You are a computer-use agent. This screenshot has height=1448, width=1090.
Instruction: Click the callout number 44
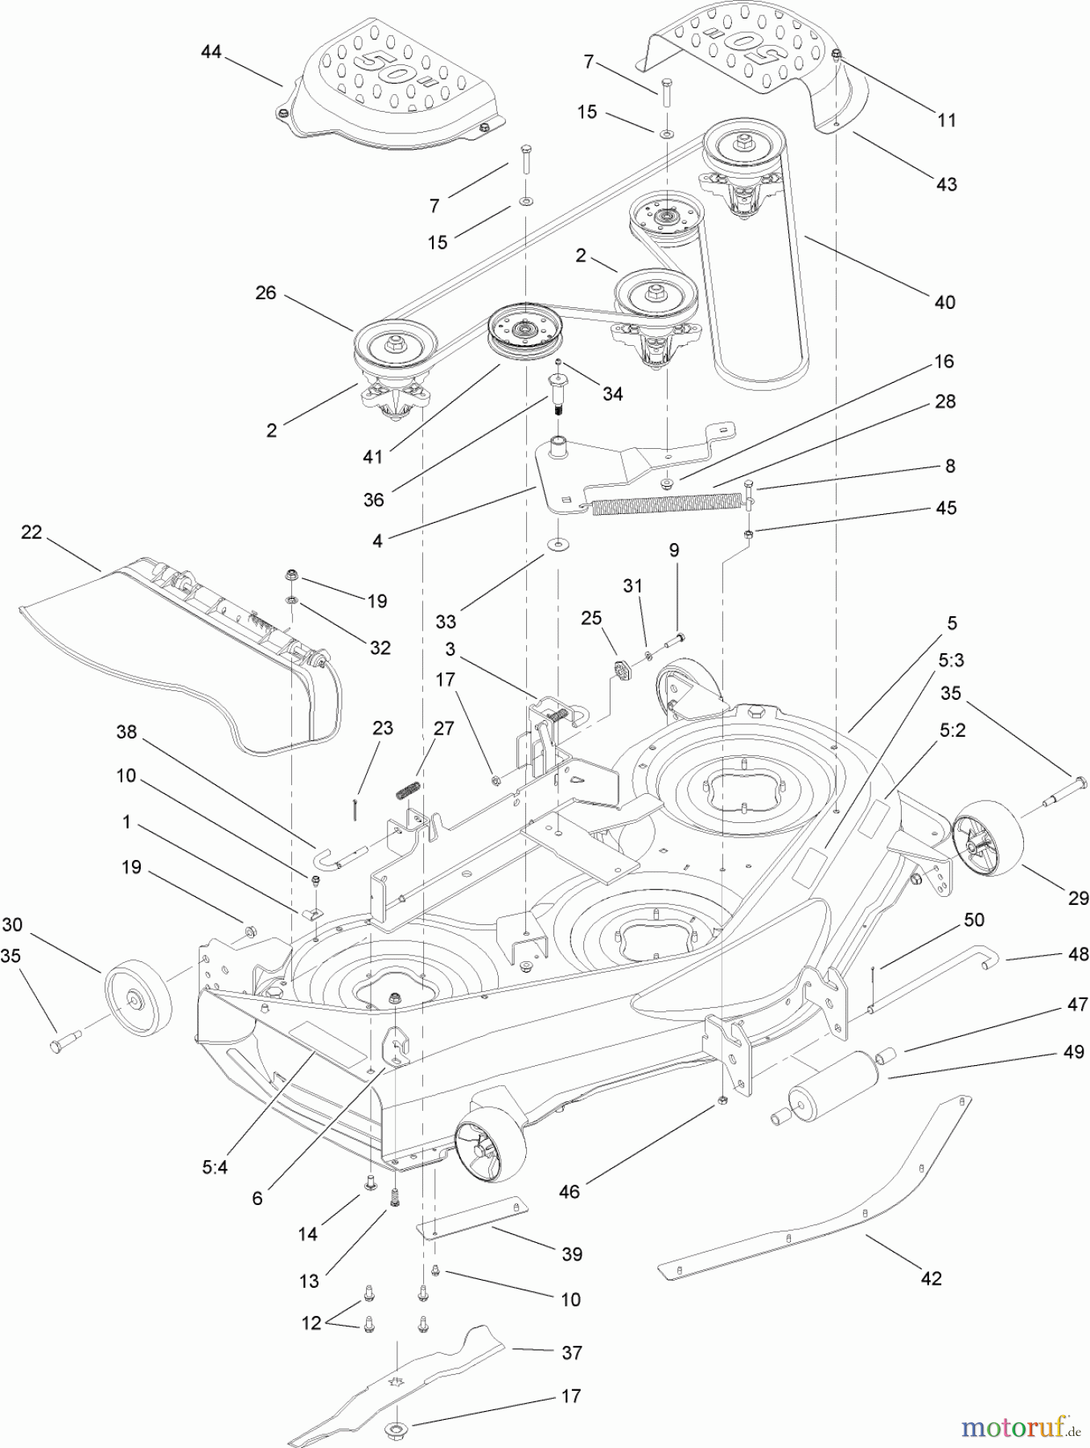[211, 52]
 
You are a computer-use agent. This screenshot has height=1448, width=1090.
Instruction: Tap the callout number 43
[947, 183]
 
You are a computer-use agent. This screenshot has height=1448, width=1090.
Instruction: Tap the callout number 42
[931, 1277]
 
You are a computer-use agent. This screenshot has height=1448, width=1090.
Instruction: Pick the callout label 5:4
[215, 1166]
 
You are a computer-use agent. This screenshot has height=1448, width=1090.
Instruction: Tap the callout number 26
[265, 293]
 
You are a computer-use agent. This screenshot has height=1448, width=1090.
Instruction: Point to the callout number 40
[944, 302]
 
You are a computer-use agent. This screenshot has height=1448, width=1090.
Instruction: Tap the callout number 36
[374, 499]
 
